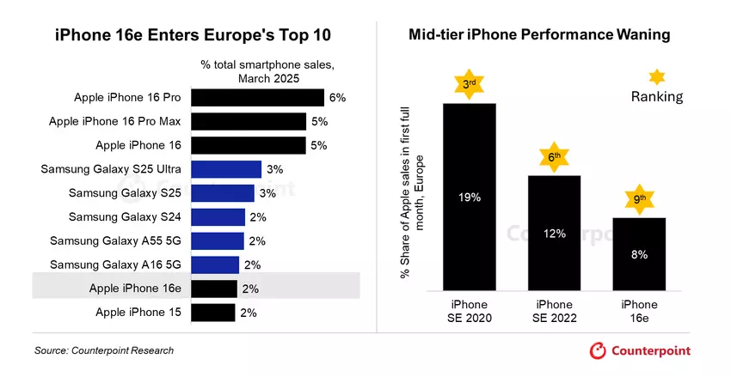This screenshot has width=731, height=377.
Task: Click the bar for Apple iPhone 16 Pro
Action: point(257,98)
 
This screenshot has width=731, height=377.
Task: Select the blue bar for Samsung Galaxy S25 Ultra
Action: point(226,169)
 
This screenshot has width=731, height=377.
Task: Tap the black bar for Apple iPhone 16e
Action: point(213,289)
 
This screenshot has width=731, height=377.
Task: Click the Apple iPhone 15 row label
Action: point(138,313)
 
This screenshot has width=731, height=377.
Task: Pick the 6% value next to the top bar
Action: point(337,98)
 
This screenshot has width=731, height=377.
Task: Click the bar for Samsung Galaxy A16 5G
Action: point(214,265)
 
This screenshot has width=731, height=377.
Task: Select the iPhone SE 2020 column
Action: point(469,198)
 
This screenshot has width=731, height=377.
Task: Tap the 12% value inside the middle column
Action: point(554,233)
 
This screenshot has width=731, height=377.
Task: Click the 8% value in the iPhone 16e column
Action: point(639,254)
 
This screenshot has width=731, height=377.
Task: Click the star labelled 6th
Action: point(554,156)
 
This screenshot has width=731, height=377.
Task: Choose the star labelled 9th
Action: point(639,199)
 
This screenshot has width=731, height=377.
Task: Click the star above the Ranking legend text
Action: point(657,76)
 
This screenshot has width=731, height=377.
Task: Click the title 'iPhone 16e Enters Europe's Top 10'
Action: point(192,35)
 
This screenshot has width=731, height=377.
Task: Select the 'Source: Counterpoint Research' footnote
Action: point(104,350)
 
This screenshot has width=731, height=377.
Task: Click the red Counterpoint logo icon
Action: point(598,350)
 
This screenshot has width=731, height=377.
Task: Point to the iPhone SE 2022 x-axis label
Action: point(554,311)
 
